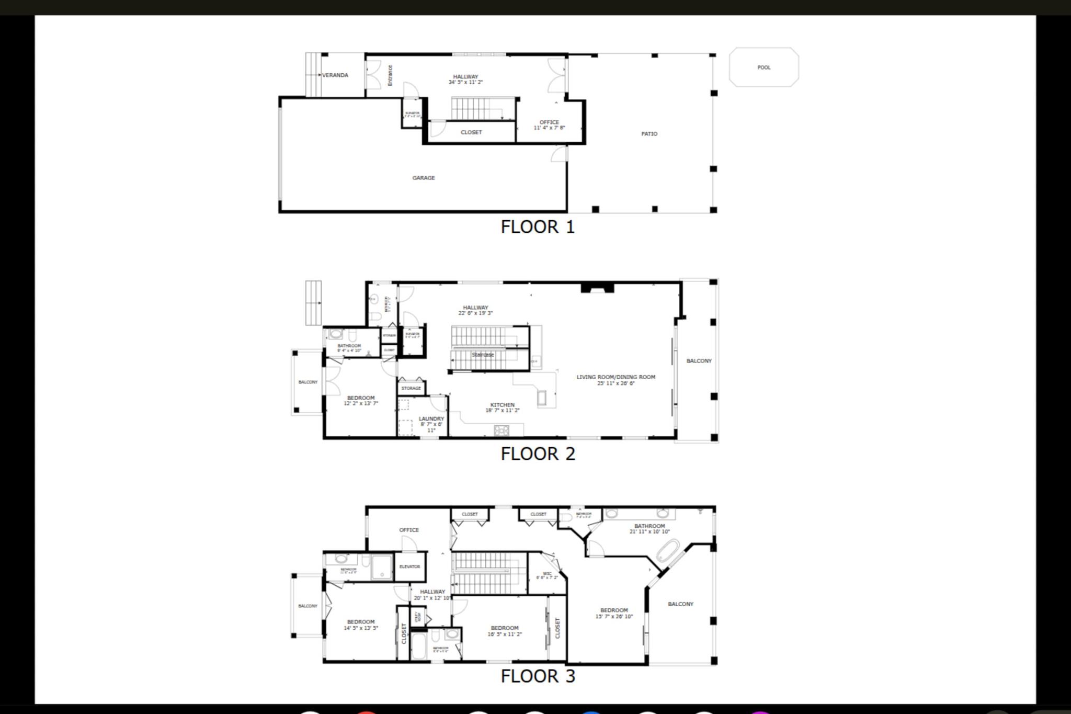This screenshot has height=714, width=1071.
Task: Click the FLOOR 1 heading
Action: (538, 227)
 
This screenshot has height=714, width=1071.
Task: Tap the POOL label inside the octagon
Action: (764, 67)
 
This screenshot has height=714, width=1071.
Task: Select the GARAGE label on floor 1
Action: (423, 178)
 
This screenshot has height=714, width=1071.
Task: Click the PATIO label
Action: (649, 134)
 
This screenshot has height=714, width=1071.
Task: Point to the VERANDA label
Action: (335, 75)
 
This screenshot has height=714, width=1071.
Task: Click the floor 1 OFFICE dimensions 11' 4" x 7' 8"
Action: (549, 128)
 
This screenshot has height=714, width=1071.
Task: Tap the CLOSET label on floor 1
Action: (471, 132)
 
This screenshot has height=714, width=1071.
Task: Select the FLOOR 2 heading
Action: (538, 454)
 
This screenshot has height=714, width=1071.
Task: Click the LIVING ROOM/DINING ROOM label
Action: (616, 377)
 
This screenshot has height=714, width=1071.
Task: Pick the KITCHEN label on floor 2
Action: (502, 405)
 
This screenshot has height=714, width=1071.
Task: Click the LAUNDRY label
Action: (431, 419)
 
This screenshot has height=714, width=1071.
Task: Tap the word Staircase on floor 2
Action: (482, 355)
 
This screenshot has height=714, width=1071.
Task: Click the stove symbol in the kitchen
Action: (502, 430)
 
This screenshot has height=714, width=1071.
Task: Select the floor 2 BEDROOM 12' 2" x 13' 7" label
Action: (361, 401)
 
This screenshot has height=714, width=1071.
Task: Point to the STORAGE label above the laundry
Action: (411, 388)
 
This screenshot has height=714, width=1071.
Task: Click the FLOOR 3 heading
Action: (538, 676)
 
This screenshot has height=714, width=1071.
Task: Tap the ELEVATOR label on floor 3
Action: (409, 566)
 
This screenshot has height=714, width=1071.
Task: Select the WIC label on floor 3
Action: (547, 574)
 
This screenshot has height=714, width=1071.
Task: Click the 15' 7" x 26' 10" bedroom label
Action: (614, 613)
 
